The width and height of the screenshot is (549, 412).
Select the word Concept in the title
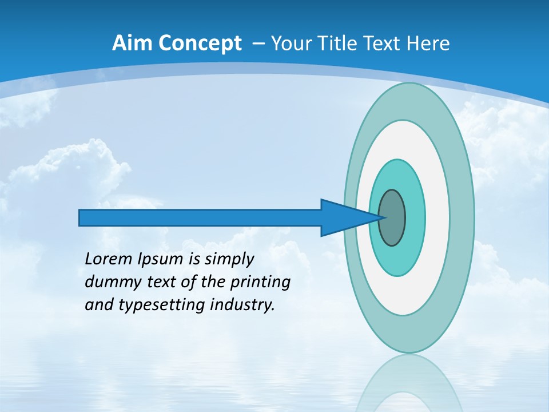[200, 43]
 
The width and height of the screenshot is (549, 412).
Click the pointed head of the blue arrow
[349, 217]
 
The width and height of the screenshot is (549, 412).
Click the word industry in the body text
[242, 305]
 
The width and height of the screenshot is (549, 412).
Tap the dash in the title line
[258, 43]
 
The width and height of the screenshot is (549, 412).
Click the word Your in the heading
[289, 43]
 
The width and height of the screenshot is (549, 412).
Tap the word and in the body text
[99, 305]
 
